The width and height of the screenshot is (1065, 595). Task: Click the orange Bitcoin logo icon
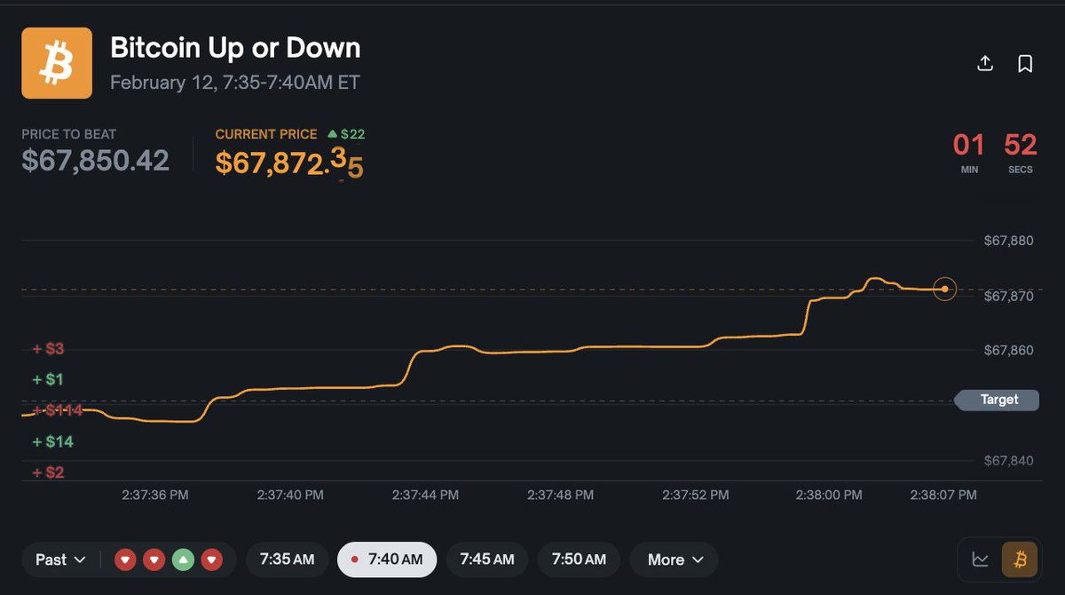[x=57, y=63]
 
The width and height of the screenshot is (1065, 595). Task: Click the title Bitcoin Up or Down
[x=235, y=48]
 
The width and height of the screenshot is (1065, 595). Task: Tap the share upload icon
[x=984, y=63]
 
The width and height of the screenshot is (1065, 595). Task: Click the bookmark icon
[x=1025, y=63]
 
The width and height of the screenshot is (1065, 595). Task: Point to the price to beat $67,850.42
[x=95, y=160]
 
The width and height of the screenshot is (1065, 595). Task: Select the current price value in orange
[x=289, y=162]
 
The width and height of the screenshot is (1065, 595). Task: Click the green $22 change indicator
[x=346, y=134]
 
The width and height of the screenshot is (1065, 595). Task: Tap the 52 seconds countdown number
[x=1021, y=144]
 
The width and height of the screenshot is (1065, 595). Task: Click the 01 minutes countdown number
[x=969, y=144]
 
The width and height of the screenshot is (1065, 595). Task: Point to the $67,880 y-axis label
[x=1009, y=241]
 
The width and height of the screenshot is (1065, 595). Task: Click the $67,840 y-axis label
[x=1009, y=460]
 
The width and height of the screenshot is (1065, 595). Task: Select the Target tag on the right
[x=998, y=400]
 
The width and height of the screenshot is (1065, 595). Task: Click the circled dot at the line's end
[x=945, y=289]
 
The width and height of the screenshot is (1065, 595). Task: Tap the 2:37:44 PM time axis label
[x=426, y=495]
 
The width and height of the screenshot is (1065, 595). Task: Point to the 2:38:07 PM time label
[x=943, y=495]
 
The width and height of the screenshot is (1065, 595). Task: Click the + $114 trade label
[x=58, y=410]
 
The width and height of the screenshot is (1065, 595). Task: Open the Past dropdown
[x=60, y=559]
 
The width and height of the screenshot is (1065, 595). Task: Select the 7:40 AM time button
[x=387, y=559]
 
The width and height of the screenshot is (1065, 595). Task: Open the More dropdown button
[x=674, y=559]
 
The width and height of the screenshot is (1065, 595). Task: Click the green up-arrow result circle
[x=183, y=560]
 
